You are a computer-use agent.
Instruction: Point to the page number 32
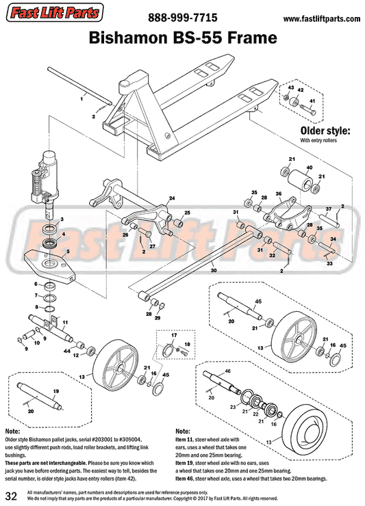pos(11,494)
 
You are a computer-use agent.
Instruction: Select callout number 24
pos(172,198)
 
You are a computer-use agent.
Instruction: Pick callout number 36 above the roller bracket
pos(279,194)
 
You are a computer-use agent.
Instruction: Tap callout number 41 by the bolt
pos(312,102)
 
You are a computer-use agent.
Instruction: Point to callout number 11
pos(65,321)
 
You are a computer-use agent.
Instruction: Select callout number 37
pos(328,209)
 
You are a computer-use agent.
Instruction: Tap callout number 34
pos(332,239)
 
